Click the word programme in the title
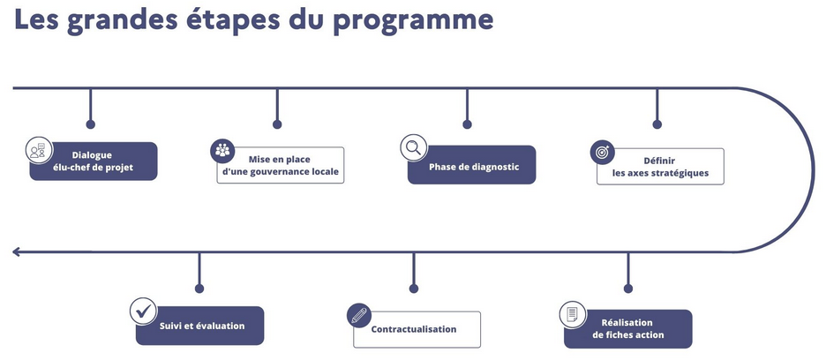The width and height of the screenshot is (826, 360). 412,20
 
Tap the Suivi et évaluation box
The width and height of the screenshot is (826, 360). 202,326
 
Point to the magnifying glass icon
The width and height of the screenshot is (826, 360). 411,147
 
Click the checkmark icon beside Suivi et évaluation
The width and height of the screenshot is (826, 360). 143,311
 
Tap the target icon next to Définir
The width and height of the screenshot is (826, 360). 602,152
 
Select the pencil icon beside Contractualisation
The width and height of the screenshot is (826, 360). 358,314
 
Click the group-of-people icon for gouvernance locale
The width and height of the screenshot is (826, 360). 222,149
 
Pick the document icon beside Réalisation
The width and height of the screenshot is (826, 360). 573,314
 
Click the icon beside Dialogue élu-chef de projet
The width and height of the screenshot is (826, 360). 37,149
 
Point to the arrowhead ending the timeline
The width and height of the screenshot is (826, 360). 17,252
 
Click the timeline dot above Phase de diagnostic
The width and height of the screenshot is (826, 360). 467,124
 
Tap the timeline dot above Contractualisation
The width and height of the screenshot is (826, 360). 413,289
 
